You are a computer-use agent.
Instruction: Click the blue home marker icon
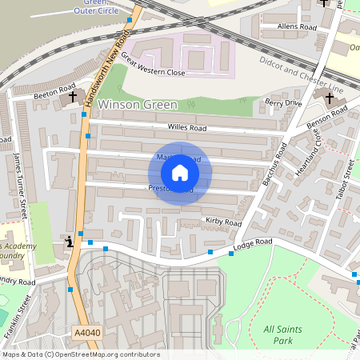point(180,173)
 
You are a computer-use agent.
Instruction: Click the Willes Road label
point(187,127)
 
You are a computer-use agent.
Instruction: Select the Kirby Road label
point(223,222)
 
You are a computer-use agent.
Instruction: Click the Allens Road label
point(297,27)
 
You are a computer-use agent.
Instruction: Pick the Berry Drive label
point(283,102)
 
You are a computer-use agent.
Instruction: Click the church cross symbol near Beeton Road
point(73,97)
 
